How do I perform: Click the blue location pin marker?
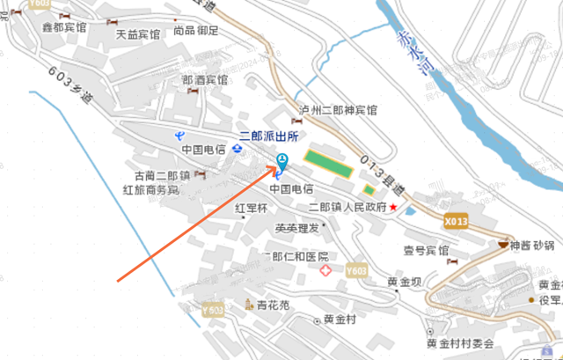282,162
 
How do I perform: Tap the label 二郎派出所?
270,136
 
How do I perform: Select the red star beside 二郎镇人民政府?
394,207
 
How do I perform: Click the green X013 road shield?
455,221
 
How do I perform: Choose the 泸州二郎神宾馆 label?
340,111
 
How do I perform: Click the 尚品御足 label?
195,31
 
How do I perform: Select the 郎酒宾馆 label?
204,80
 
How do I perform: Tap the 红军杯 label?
251,209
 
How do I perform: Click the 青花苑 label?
273,305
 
